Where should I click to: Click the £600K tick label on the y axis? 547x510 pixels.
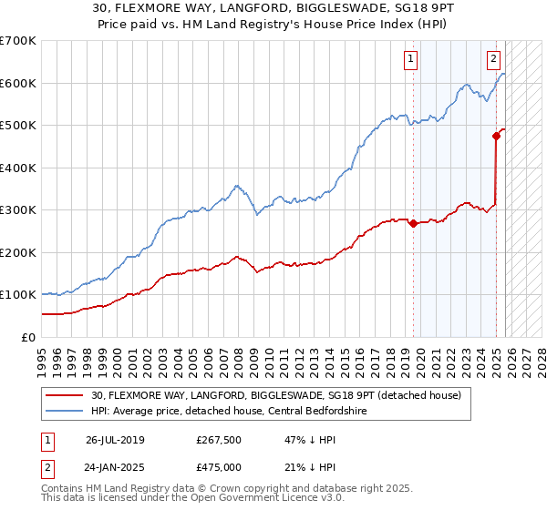(x=18, y=83)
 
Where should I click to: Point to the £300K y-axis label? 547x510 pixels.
(x=18, y=209)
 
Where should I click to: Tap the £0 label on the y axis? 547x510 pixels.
(x=29, y=337)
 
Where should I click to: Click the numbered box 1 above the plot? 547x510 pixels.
(x=410, y=59)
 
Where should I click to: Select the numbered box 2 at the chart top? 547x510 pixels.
(x=493, y=59)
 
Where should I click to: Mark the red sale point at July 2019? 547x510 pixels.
(x=413, y=223)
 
